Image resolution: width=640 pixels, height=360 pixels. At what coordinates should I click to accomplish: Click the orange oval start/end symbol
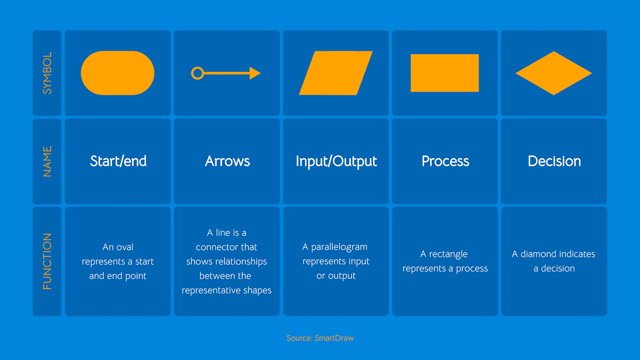click(117, 73)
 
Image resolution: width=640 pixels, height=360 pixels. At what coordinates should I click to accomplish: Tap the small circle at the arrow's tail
click(197, 73)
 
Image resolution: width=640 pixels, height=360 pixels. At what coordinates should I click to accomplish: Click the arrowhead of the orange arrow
click(255, 73)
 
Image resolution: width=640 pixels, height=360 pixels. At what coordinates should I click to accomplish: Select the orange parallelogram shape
click(335, 73)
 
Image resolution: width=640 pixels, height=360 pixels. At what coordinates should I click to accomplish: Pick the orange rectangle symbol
click(444, 73)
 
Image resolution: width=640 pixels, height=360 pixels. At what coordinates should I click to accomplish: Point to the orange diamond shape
click(554, 73)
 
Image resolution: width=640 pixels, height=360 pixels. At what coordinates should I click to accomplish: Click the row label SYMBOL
click(47, 73)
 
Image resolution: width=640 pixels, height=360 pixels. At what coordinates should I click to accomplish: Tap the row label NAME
click(47, 161)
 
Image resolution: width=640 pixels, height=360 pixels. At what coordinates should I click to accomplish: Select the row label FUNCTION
click(47, 261)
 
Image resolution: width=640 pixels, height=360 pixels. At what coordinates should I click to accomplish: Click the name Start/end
click(118, 161)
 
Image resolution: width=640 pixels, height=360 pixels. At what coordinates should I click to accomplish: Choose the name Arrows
click(227, 161)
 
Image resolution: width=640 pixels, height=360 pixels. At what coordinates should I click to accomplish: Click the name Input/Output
click(336, 161)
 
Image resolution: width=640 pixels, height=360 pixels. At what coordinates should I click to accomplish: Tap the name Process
click(445, 161)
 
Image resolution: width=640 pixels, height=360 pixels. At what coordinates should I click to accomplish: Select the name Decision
click(554, 161)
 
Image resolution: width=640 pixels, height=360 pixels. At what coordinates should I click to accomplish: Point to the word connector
click(226, 247)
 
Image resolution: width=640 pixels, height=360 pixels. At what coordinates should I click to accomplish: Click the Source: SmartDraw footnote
click(320, 338)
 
